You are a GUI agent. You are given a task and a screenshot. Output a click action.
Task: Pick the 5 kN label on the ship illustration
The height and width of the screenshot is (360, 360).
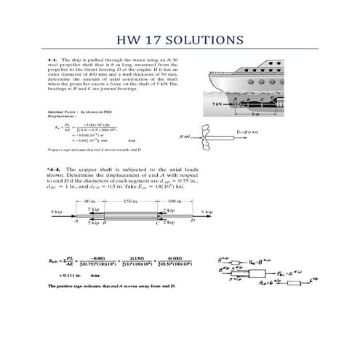click(216, 105)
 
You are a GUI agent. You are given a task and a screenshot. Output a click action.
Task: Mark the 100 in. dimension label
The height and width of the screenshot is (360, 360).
click(175, 200)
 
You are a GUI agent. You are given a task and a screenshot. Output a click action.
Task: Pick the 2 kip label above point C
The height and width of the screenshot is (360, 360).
click(168, 209)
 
